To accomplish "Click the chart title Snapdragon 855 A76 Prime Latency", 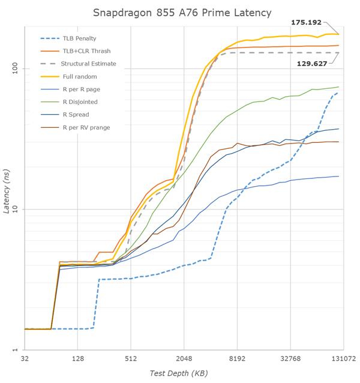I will (x=179, y=12).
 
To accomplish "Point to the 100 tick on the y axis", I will (x=15, y=69).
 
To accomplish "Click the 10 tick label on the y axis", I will (x=16, y=210).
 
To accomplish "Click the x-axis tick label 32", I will (x=25, y=359).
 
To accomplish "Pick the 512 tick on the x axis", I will (x=131, y=359).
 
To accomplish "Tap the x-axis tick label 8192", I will (x=238, y=359).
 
